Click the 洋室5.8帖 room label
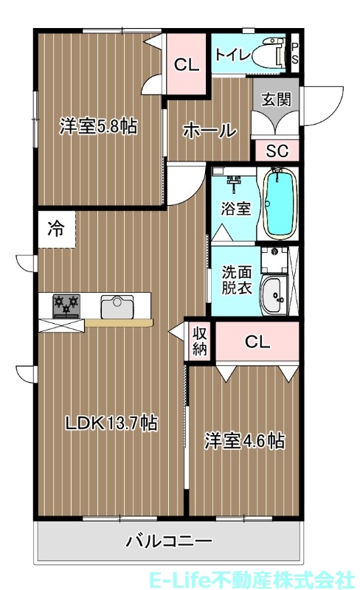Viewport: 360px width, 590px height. pos(98,126)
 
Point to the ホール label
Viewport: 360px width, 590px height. pos(209,131)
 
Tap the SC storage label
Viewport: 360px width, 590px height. pos(277,152)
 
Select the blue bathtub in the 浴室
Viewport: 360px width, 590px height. pos(279,203)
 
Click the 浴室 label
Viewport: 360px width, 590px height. pos(235,208)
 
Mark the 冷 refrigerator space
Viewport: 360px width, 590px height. pos(56,229)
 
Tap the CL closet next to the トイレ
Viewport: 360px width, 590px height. pos(187,65)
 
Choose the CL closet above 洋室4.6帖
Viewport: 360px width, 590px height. pos(257,341)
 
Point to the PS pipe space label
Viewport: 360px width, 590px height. pos(294,53)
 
